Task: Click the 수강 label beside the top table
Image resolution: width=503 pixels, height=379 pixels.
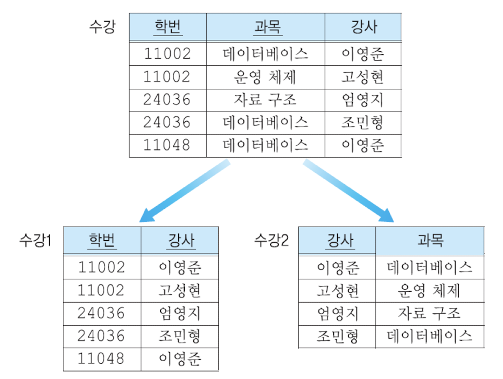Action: (102, 27)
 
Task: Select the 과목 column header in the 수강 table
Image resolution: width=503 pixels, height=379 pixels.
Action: (266, 27)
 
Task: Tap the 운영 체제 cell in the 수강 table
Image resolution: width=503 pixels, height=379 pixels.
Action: (266, 77)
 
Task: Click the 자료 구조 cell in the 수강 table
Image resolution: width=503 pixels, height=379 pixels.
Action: (266, 100)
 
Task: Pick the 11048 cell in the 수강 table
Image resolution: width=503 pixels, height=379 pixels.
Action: (167, 145)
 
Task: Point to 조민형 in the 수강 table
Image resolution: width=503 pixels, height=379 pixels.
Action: (363, 123)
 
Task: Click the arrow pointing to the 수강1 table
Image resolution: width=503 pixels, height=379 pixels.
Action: (183, 191)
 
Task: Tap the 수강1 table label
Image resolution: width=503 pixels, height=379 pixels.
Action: (35, 240)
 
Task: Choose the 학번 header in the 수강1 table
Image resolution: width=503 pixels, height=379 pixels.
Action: (102, 240)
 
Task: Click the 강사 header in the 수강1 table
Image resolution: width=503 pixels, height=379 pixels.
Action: (180, 240)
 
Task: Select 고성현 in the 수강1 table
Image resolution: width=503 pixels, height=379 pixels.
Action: (180, 291)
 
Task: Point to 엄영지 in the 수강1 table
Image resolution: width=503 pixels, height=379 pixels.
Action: (180, 313)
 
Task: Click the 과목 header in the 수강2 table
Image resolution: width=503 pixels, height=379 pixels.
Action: (430, 240)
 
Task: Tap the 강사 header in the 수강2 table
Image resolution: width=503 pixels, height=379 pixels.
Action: (338, 240)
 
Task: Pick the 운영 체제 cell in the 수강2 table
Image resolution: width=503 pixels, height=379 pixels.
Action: (430, 291)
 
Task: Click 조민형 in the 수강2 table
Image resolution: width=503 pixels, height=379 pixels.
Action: (338, 336)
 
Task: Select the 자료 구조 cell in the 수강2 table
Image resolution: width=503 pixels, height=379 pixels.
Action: (430, 313)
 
